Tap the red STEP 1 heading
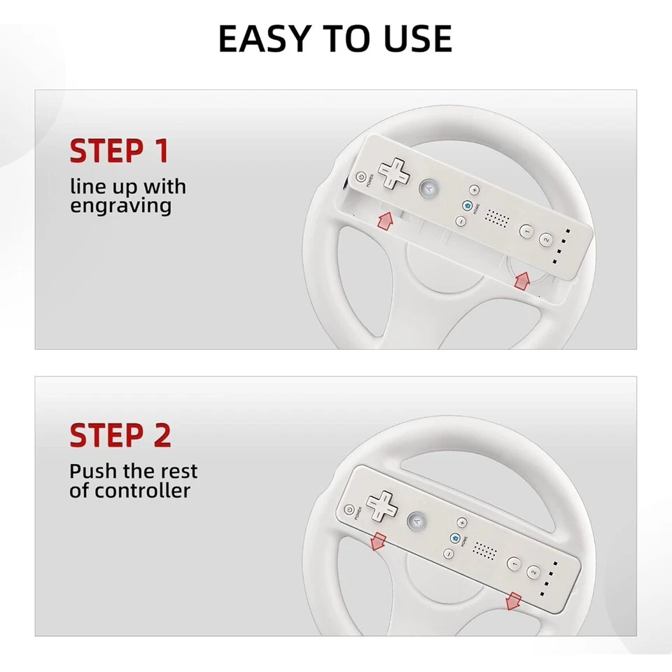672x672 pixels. [119, 151]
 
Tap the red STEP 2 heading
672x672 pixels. [120, 435]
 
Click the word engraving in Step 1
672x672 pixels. [120, 206]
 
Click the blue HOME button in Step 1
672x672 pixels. [468, 206]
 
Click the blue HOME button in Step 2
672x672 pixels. [455, 538]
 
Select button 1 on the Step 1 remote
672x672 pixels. [526, 230]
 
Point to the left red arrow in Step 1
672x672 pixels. [384, 222]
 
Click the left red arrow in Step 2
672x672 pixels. [379, 540]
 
